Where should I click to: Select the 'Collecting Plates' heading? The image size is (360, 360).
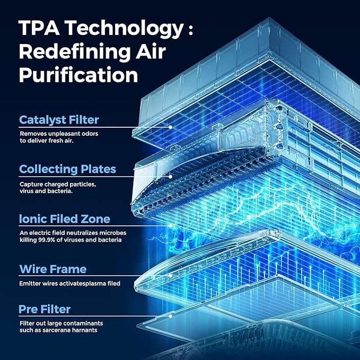tap(67, 169)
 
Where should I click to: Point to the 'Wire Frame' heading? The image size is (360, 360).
tap(52, 269)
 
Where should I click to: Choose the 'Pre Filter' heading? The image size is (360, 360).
tap(45, 309)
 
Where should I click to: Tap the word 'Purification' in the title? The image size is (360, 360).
tap(78, 75)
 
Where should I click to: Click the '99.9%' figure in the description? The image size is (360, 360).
tap(49, 240)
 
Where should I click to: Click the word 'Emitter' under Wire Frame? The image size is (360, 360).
tap(29, 284)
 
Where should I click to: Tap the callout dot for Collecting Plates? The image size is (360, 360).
tap(170, 176)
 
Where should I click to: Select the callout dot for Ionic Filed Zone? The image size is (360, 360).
tap(170, 225)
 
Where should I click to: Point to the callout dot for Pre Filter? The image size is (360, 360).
tap(170, 315)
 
